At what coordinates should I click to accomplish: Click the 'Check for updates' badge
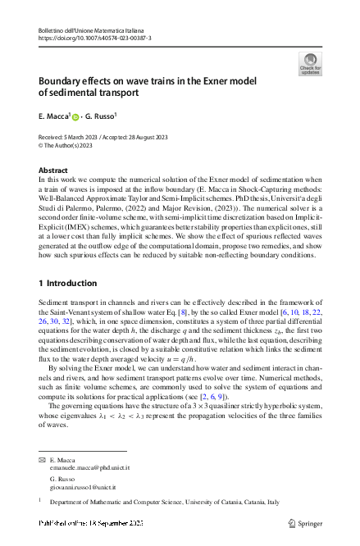coord(310,63)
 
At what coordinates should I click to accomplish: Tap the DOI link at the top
coord(94,39)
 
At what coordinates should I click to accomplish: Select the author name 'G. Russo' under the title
coord(102,116)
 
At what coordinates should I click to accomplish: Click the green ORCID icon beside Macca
coord(76,117)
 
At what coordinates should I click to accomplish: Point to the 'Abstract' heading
coord(53,169)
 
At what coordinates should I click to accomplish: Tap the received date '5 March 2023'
coord(89,137)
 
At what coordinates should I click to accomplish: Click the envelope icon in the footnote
coord(42,462)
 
